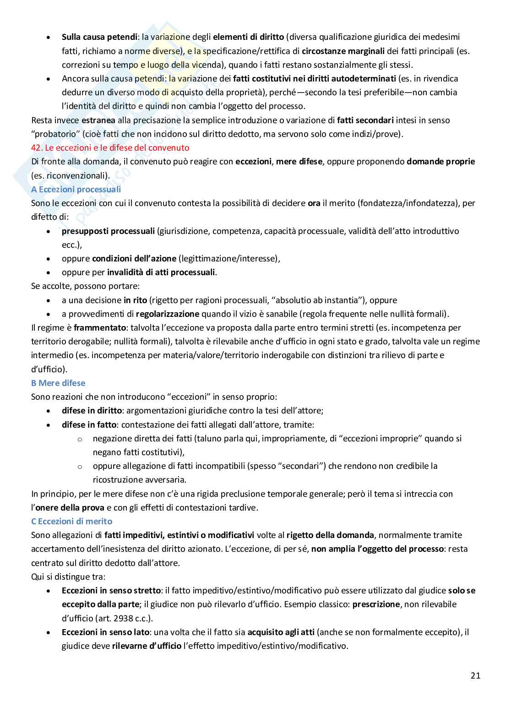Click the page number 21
tap(475, 675)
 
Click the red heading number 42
tap(36, 148)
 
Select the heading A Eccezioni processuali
tap(76, 189)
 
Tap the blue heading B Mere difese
tap(58, 383)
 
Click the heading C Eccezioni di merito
tap(71, 521)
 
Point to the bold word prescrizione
tap(376, 604)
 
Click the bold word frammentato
tap(95, 327)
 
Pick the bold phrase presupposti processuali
tap(108, 231)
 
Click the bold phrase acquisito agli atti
tap(281, 632)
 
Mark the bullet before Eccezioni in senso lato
tap(49, 632)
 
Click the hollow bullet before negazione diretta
tap(80, 439)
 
